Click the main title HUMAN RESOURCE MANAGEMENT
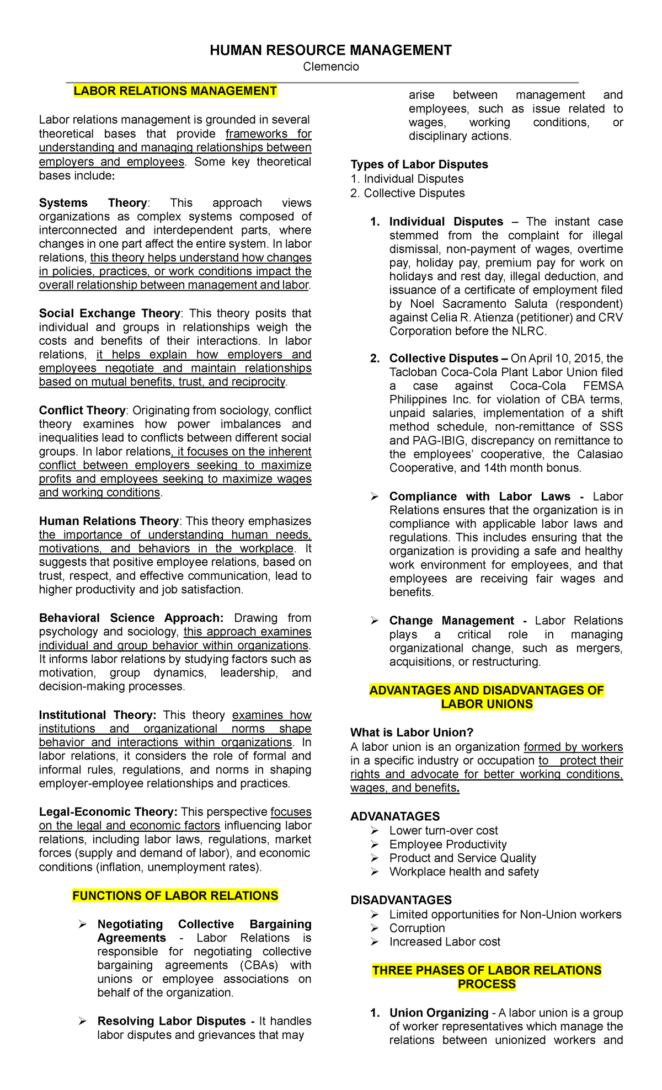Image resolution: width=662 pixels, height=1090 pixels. click(330, 51)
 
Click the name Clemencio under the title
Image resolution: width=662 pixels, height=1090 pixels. click(330, 67)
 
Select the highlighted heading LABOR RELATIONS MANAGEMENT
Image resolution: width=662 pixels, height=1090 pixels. click(175, 91)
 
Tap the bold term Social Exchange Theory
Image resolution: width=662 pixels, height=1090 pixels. click(109, 313)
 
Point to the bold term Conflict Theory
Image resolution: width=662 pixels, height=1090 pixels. click(82, 410)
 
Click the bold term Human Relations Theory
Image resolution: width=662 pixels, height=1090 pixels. click(109, 521)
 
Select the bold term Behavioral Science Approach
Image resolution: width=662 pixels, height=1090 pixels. click(131, 618)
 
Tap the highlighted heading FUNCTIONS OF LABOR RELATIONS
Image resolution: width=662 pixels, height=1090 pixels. click(175, 895)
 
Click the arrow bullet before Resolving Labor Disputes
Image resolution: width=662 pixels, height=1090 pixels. click(82, 1022)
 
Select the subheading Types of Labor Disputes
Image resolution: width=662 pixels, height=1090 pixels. click(419, 164)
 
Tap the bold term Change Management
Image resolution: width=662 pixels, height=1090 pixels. click(451, 621)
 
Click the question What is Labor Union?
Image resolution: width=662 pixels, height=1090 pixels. click(412, 733)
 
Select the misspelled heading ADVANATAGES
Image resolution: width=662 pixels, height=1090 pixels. click(395, 816)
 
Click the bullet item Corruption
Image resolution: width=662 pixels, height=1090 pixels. click(417, 928)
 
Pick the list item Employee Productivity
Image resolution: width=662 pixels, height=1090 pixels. click(447, 845)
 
